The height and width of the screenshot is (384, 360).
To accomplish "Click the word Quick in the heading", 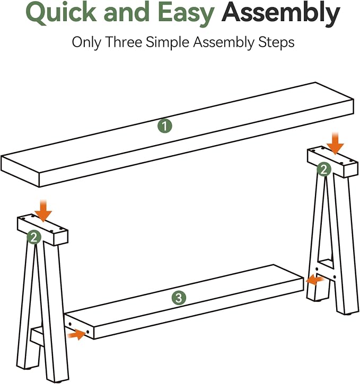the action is click(x=62, y=13).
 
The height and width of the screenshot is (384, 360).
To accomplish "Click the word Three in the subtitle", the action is click(x=124, y=42).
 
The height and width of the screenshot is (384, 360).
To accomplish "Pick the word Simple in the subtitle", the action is click(x=168, y=42).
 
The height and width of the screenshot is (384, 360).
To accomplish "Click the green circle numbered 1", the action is click(x=165, y=126).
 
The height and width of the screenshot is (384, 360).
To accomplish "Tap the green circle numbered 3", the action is click(x=179, y=298).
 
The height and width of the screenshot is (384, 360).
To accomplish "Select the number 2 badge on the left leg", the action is click(x=34, y=237).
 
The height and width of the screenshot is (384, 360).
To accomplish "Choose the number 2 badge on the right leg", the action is click(x=324, y=169).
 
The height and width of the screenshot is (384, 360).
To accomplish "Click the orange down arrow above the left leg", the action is click(x=43, y=211).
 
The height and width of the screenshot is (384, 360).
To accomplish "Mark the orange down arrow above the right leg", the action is click(x=335, y=143).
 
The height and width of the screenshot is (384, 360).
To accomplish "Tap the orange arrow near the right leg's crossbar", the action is click(x=315, y=280).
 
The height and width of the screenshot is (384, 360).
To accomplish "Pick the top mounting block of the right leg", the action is click(x=332, y=162).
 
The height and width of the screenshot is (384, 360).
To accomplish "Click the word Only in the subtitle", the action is click(x=87, y=42).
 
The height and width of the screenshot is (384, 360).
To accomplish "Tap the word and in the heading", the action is click(x=127, y=13).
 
